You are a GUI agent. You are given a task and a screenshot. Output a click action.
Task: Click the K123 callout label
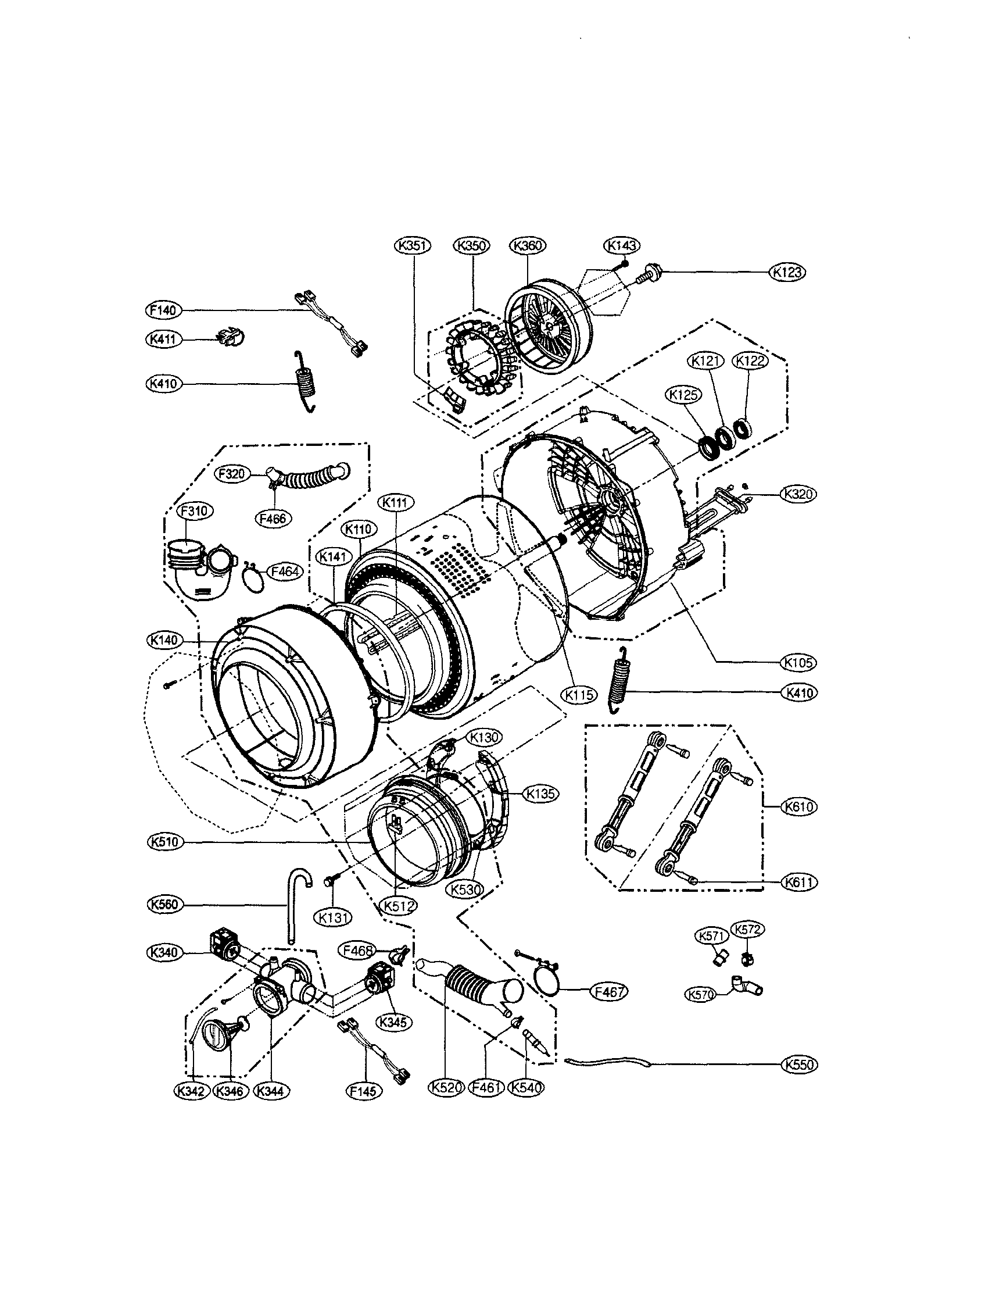click(787, 272)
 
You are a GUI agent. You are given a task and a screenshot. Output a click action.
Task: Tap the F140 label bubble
click(163, 310)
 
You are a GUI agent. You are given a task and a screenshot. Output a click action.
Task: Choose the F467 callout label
click(609, 992)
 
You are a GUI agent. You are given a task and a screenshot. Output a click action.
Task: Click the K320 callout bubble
click(798, 494)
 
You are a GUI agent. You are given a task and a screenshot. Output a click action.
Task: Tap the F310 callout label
click(195, 510)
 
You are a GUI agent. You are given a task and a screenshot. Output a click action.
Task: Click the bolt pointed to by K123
click(644, 274)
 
